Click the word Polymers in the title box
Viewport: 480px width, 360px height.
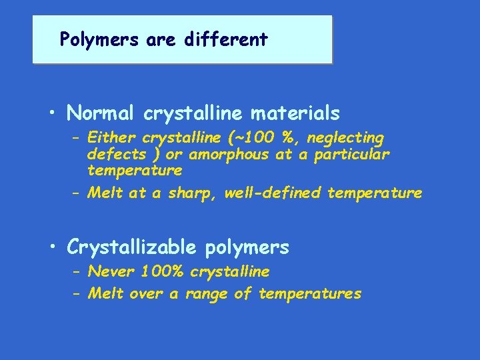(90, 40)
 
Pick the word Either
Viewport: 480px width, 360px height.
(111, 139)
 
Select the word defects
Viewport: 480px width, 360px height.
(116, 155)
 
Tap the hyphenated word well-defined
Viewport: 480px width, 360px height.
(273, 193)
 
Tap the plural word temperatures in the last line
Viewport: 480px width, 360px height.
(310, 293)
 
